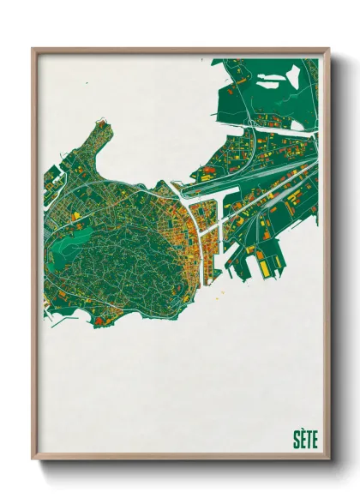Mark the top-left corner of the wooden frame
pyautogui.click(x=33, y=50)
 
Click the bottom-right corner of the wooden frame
pyautogui.click(x=328, y=459)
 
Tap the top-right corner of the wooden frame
pyautogui.click(x=328, y=50)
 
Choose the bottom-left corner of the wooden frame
pyautogui.click(x=33, y=459)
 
